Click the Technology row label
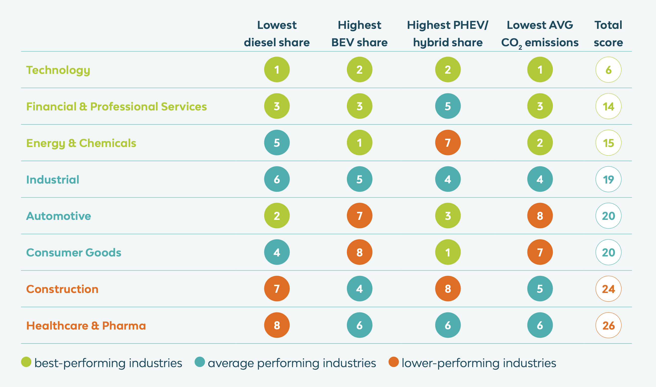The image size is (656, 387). tap(58, 70)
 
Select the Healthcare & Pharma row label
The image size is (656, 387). tap(86, 326)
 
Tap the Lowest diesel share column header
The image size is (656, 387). tap(276, 34)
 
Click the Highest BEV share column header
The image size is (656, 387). tap(359, 34)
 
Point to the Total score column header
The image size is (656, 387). tap(608, 34)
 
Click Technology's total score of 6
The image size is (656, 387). tap(608, 70)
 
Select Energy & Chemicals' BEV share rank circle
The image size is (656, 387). tap(359, 143)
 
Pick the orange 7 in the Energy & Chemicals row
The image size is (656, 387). tap(448, 143)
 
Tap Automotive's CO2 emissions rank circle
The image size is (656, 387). tap(540, 216)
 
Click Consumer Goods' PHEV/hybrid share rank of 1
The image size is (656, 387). tap(448, 252)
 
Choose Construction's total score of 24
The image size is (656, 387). tap(608, 289)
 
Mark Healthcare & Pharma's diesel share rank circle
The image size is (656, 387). tap(277, 325)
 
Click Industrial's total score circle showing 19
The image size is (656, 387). tap(608, 179)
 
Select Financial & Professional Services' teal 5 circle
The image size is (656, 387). tap(448, 106)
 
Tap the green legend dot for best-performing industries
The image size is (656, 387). tap(26, 362)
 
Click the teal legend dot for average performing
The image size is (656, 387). tap(200, 362)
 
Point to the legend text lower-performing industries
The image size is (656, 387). tap(479, 363)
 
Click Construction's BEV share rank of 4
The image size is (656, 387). tap(359, 289)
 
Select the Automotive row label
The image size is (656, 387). tap(58, 216)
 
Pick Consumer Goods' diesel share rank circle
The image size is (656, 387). tap(277, 252)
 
